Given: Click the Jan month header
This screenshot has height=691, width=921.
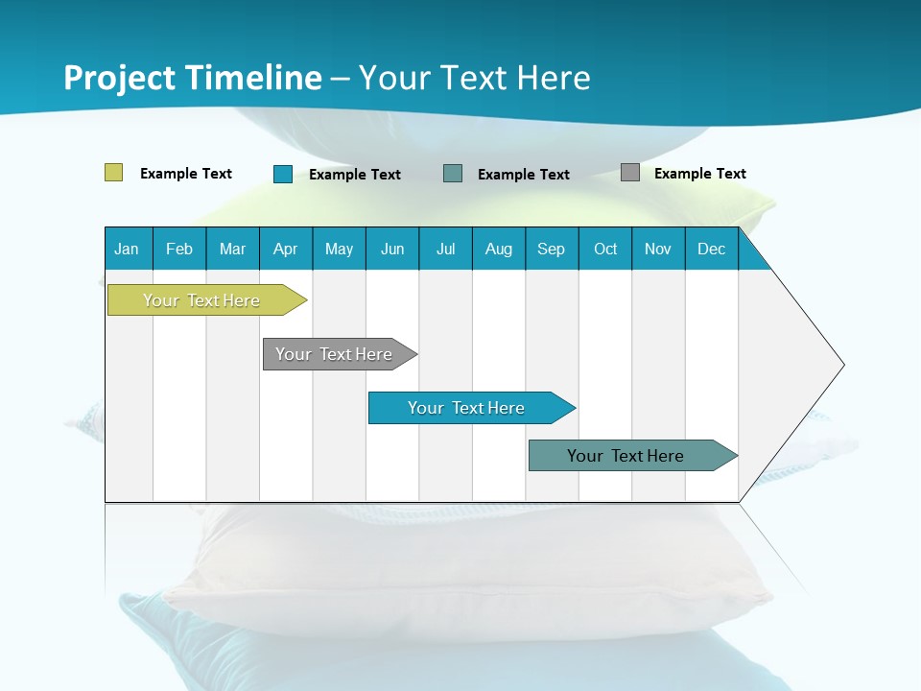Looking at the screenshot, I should click(x=127, y=249).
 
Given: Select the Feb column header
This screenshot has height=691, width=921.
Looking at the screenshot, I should click(x=179, y=249).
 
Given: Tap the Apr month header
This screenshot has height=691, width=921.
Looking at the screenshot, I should click(x=285, y=249).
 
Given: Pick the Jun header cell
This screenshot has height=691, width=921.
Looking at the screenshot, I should click(x=392, y=249).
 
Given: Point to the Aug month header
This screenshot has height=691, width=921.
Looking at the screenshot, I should click(x=498, y=249).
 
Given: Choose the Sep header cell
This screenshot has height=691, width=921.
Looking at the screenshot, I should click(x=551, y=249).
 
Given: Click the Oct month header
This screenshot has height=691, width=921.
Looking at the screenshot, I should click(x=605, y=249).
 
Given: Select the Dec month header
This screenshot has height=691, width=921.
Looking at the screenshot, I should click(x=711, y=249).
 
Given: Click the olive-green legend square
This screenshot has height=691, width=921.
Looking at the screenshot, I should click(x=114, y=173).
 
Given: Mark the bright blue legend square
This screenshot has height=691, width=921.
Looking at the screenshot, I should click(x=283, y=174).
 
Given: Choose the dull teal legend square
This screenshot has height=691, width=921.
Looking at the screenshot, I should click(x=453, y=174).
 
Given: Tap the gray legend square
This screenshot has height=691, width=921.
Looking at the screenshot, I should click(x=630, y=173).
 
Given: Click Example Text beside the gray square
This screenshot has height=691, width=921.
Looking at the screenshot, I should click(x=699, y=174).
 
